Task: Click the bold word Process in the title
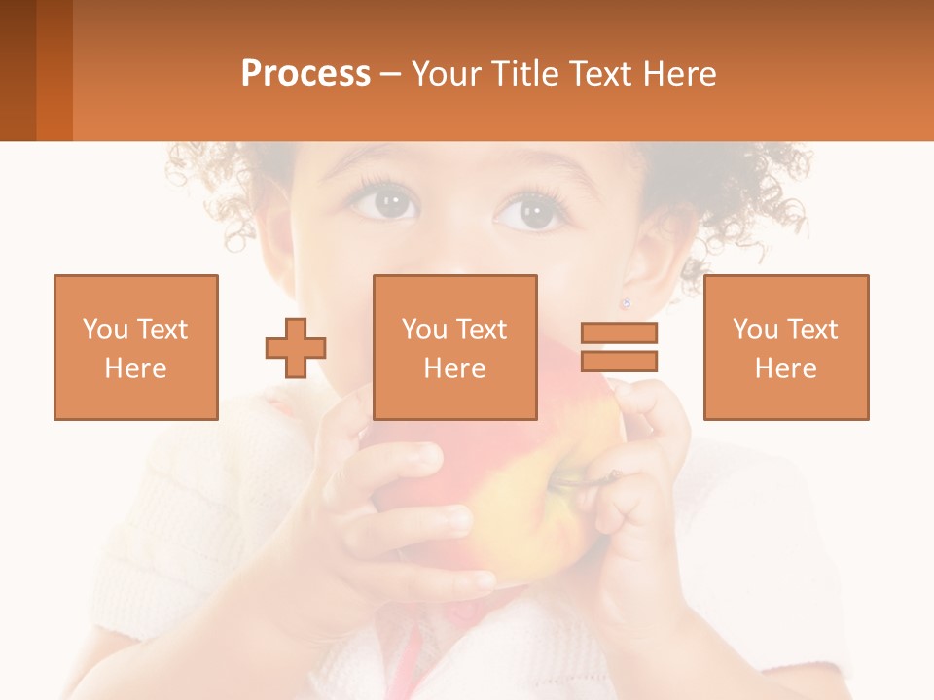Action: coord(305,74)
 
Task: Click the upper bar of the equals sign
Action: coord(619,333)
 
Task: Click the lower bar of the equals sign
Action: coord(619,361)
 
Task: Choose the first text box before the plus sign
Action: coord(136,347)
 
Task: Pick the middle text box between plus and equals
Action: coord(454,347)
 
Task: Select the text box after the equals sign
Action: coord(786,347)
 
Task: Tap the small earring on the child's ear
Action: coord(626,303)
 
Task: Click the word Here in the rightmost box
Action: coord(786,368)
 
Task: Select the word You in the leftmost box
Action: coord(105,330)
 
